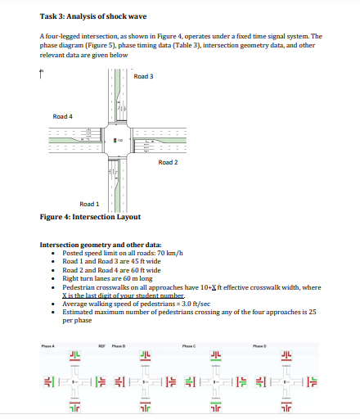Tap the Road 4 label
point(63,116)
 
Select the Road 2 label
point(169,162)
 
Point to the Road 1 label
point(89,204)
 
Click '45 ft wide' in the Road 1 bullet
point(144,262)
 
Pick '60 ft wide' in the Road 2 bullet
point(144,269)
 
